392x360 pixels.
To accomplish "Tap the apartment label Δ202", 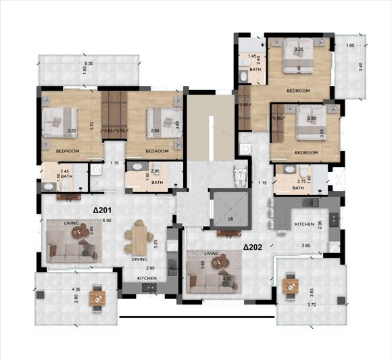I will click(x=253, y=248).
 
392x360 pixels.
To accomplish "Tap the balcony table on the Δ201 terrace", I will click(x=99, y=296).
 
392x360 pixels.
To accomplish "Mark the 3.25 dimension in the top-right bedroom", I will click(x=299, y=49).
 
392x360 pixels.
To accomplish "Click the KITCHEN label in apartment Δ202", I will click(x=304, y=224).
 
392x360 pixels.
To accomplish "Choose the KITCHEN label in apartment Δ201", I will click(x=147, y=278).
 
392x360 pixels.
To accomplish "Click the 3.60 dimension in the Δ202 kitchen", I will click(x=305, y=246).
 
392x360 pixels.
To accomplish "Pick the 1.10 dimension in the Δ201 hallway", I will click(x=115, y=163).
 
